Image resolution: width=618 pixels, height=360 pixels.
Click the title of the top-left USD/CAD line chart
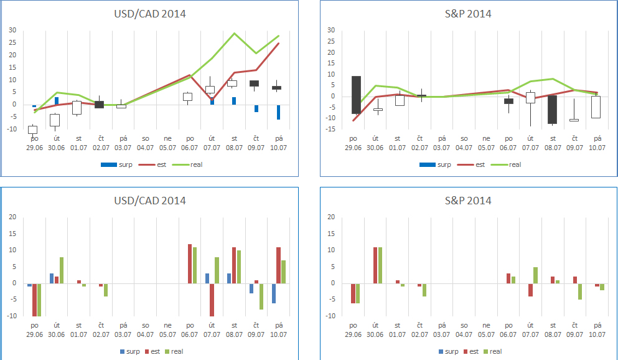pos(150,14)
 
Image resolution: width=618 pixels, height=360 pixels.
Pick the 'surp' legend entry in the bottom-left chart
pos(132,351)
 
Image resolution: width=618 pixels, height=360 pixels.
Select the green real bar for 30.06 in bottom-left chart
pos(62,270)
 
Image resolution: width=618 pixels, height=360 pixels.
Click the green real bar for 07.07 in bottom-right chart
pos(535,275)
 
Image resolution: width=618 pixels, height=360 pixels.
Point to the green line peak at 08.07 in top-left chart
pos(234,33)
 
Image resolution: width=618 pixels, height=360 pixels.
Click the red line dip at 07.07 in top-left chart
pos(212,99)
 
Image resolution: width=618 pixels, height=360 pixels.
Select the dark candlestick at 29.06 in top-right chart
pos(356,95)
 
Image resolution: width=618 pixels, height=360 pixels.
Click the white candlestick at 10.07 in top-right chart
pos(596,107)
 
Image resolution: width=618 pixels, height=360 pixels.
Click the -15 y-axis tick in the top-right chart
pos(330,129)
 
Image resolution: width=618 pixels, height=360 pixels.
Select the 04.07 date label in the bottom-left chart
pos(145,334)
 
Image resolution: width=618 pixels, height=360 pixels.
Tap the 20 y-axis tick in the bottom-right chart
pos(331,217)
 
